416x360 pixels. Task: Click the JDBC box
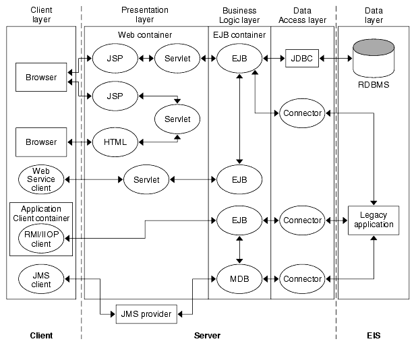point(301,59)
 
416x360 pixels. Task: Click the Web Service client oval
point(41,179)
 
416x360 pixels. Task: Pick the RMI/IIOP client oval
point(41,239)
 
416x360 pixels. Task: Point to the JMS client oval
point(41,279)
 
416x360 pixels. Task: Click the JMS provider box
point(146,313)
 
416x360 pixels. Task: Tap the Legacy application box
point(373,220)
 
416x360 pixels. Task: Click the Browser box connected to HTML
point(41,142)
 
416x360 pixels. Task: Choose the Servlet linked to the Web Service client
point(146,179)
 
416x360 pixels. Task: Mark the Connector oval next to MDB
point(302,279)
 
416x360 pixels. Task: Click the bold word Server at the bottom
point(207,336)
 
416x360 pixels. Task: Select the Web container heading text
point(145,34)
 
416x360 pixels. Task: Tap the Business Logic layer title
point(239,16)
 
